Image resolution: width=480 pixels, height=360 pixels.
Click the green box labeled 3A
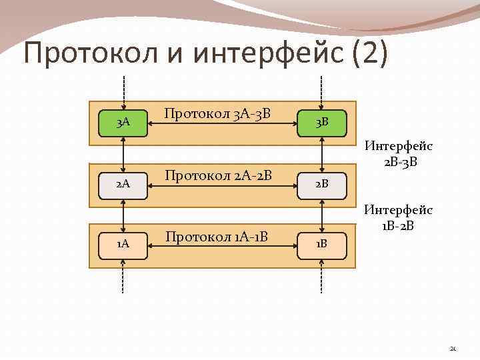(x=123, y=123)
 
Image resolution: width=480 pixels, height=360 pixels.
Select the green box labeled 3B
(x=322, y=123)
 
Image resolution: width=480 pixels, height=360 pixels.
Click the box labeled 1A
(x=123, y=245)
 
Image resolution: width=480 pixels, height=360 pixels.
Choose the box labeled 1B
(x=322, y=245)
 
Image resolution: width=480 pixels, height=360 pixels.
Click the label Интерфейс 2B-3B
(x=399, y=153)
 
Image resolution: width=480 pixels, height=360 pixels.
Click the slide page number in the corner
(x=453, y=347)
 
